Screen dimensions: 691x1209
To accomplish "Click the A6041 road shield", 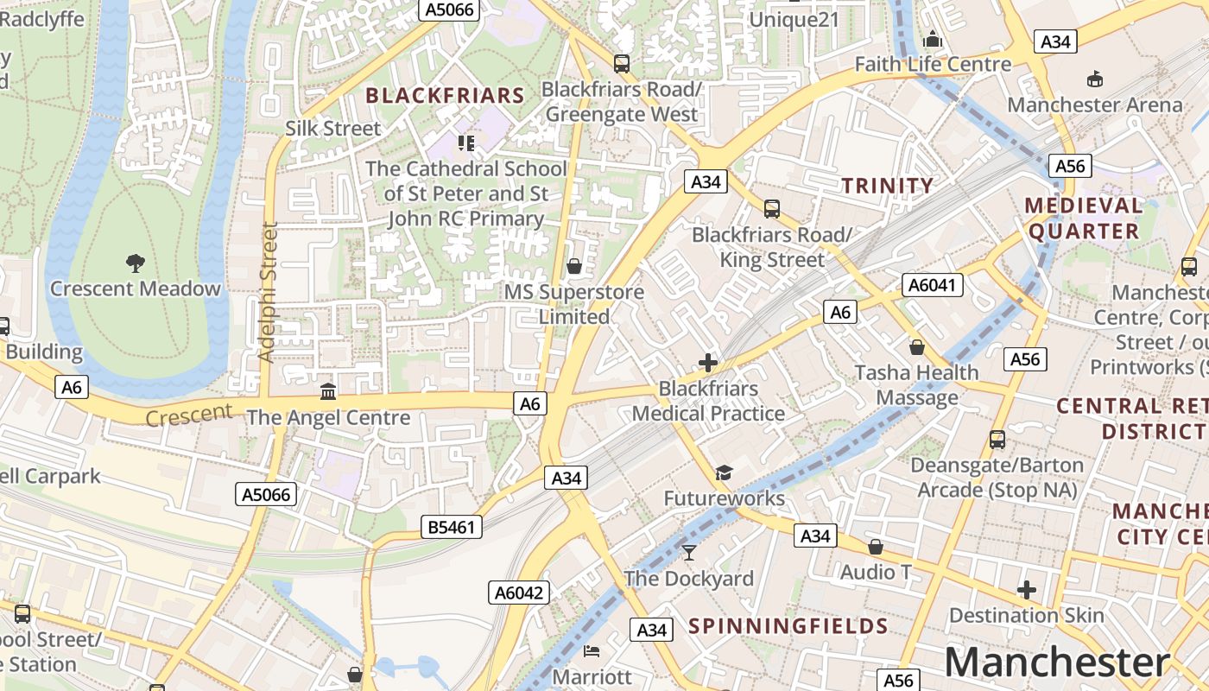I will click(933, 285).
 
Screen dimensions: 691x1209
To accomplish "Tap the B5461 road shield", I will click(452, 526).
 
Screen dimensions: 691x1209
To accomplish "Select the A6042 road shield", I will click(519, 593).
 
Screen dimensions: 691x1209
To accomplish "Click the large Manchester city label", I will click(1057, 662).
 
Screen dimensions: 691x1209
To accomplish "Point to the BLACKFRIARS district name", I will click(445, 96).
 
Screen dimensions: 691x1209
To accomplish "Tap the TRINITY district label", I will click(888, 185).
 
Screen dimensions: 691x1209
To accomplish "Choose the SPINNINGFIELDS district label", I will click(788, 626).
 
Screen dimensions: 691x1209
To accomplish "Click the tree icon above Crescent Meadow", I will click(135, 263).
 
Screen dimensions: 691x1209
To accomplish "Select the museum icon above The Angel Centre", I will click(328, 392).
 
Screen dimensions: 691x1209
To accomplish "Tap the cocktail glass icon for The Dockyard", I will click(688, 553).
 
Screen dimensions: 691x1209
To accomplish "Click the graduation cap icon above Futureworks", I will click(724, 472).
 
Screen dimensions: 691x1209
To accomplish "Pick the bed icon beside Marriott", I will click(592, 650).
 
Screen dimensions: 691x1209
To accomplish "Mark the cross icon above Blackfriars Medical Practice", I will click(708, 363).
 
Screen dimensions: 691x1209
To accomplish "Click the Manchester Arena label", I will click(1095, 105).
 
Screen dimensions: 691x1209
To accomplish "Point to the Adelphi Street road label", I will click(268, 292).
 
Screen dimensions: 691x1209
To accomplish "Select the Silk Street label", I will click(332, 129).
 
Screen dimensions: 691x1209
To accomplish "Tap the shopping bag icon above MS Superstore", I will click(573, 266).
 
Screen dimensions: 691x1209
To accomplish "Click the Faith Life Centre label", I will click(933, 64).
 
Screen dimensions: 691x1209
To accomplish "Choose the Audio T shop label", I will click(875, 572).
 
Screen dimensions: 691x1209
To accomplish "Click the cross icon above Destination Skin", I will click(1026, 590).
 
